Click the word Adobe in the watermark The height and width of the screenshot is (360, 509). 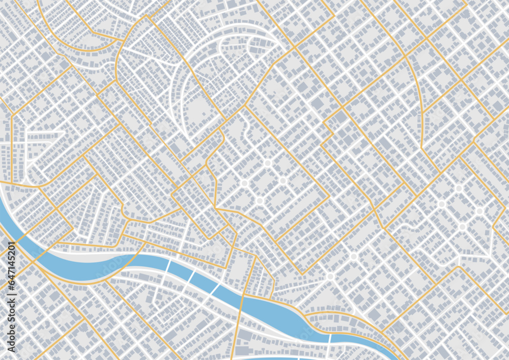12,331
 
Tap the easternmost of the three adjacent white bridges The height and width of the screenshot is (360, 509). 215,289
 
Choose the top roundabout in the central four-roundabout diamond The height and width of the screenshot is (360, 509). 268,163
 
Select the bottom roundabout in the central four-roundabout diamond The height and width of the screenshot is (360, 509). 260,201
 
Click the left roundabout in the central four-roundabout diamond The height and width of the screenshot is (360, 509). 244,183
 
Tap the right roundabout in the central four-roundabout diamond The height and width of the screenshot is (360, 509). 283,181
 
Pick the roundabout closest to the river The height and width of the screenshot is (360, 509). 330,276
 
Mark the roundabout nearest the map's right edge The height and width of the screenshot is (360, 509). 479,211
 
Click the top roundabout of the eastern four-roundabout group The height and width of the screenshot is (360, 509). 459,188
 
